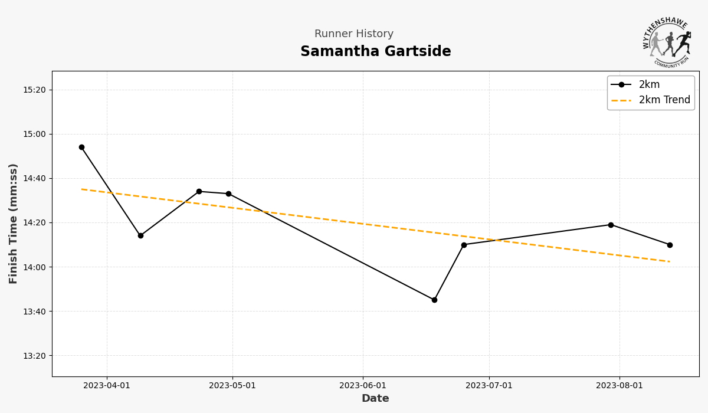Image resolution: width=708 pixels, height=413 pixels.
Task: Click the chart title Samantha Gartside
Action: [x=375, y=52]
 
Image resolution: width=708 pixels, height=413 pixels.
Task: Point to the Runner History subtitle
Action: [x=353, y=34]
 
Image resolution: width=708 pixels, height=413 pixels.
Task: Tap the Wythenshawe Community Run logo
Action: [x=667, y=42]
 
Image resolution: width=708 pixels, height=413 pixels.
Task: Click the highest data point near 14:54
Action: [x=81, y=147]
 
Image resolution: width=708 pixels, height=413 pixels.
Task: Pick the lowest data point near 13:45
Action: [x=434, y=300]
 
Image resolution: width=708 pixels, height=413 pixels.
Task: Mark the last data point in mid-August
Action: [x=670, y=245]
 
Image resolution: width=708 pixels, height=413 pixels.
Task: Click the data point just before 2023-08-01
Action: [x=611, y=225]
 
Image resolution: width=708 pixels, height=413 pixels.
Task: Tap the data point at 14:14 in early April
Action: [x=140, y=235]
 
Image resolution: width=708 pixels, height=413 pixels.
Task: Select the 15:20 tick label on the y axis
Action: [x=34, y=90]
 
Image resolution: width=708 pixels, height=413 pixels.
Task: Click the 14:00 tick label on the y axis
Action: [x=34, y=267]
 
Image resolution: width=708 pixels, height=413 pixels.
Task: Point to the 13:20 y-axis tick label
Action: [x=34, y=356]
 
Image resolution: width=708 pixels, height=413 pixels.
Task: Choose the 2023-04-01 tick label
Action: [x=107, y=386]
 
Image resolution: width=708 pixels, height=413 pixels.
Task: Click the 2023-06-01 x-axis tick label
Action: [x=363, y=386]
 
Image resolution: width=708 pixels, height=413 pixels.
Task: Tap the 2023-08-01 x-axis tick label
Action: [x=619, y=386]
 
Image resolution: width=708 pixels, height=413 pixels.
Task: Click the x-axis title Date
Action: [x=375, y=399]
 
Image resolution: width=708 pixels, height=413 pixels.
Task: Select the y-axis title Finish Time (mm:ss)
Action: [x=14, y=224]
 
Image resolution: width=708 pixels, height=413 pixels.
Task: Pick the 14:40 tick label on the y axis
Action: [x=34, y=179]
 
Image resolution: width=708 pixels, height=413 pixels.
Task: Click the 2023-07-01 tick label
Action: [x=489, y=386]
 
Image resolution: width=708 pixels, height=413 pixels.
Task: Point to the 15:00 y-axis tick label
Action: [x=34, y=135]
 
